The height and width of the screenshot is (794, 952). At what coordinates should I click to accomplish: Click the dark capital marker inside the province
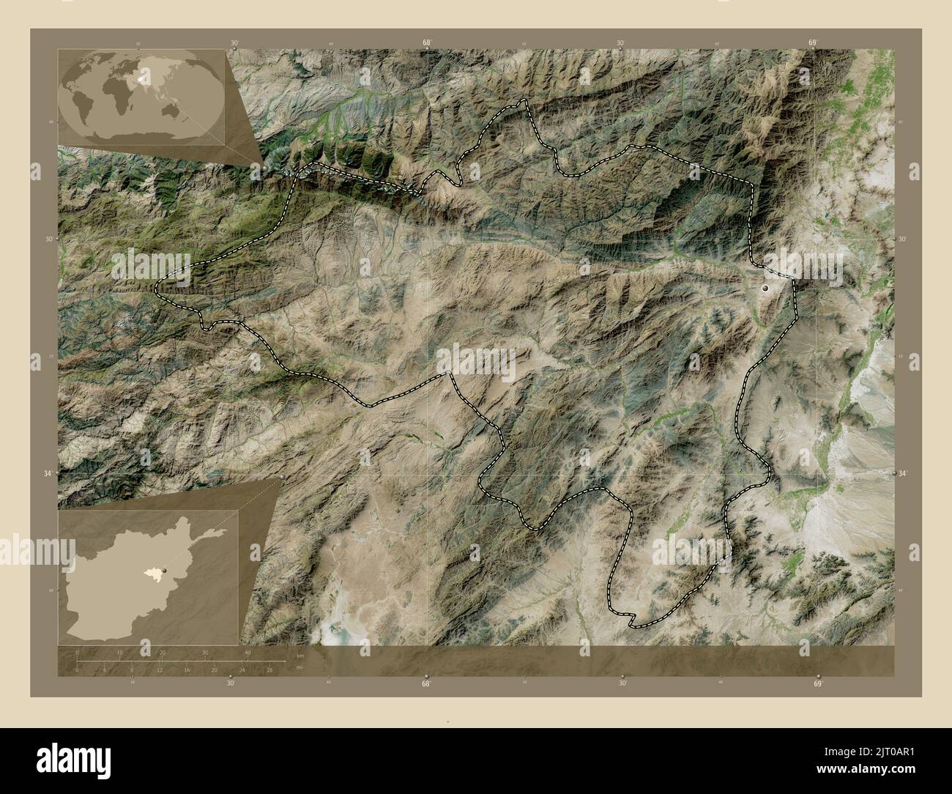point(766,289)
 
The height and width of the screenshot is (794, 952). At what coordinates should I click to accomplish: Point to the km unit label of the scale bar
point(300,656)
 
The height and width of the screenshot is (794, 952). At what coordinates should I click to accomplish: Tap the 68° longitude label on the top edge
point(426,43)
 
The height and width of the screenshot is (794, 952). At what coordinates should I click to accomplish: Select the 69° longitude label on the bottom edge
point(817,683)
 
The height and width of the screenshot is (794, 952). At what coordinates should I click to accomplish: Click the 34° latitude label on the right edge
point(903,474)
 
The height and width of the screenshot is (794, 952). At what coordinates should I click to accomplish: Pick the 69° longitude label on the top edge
point(813,43)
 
